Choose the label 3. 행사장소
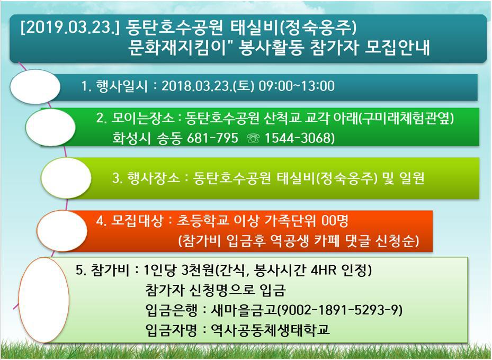click(146, 178)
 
